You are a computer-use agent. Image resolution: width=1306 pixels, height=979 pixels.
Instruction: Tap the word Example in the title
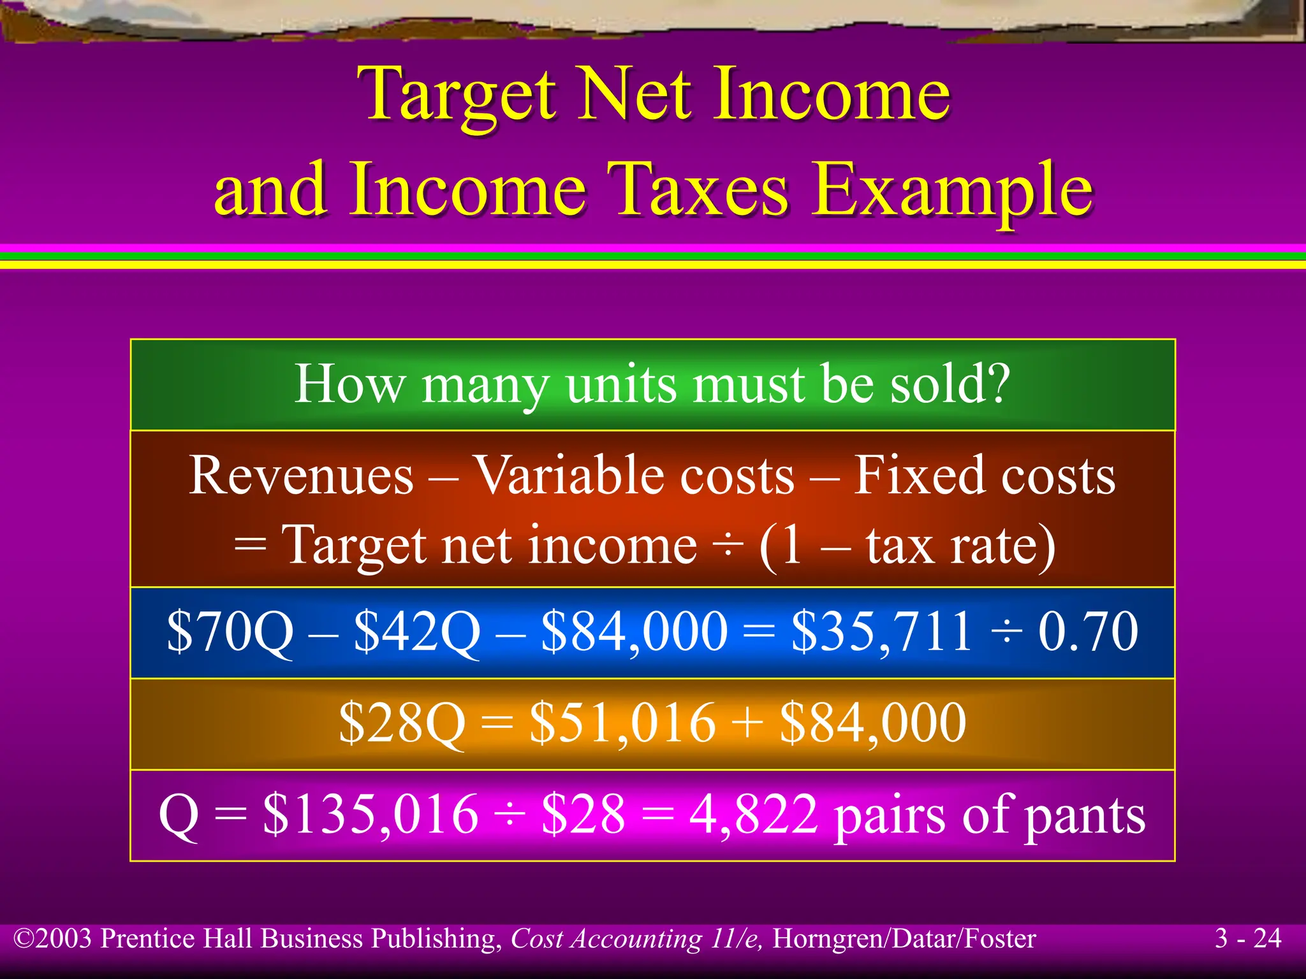point(953,190)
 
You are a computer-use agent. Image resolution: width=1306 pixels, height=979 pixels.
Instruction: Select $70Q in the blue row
point(230,631)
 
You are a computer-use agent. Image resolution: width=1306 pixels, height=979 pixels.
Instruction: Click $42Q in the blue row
point(416,631)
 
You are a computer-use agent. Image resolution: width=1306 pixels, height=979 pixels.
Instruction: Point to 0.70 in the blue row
point(1088,631)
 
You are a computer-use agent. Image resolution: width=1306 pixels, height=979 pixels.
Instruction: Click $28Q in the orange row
point(402,723)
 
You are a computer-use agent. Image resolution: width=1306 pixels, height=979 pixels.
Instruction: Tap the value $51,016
point(622,723)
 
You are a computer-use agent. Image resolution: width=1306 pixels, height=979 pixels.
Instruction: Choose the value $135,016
point(371,815)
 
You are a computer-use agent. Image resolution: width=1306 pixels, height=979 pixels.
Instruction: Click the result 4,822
point(753,815)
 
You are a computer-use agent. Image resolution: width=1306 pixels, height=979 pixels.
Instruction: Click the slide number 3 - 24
point(1247,938)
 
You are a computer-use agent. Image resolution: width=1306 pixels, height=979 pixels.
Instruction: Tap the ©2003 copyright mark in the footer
point(54,939)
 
